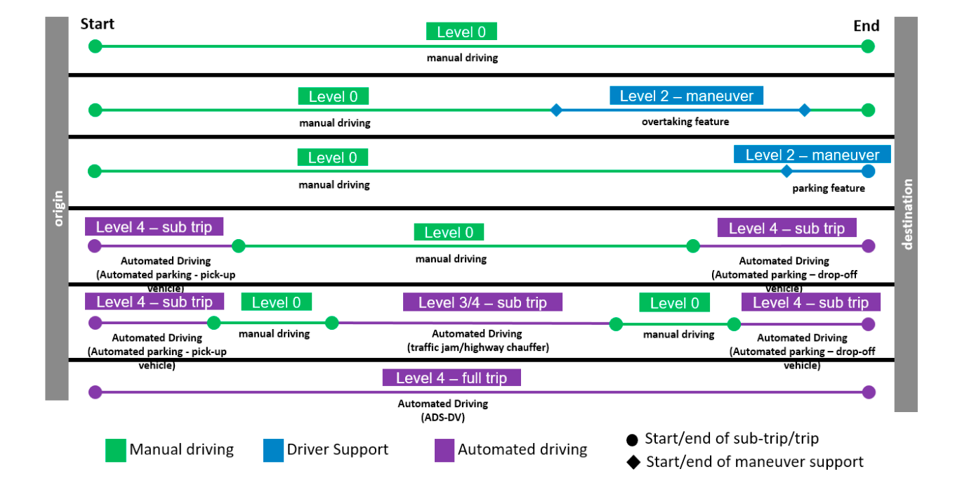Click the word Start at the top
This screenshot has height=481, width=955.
(x=97, y=25)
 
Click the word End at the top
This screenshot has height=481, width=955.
(x=866, y=26)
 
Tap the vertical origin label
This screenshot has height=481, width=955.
(x=57, y=208)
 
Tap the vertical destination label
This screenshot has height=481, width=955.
(x=907, y=214)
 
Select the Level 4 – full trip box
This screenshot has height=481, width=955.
(x=452, y=378)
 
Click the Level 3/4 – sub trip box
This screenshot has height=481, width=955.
(x=482, y=302)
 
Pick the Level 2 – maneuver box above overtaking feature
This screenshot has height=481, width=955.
(x=686, y=96)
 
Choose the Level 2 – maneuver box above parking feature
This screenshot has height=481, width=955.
(x=812, y=155)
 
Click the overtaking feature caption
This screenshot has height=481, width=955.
(x=685, y=122)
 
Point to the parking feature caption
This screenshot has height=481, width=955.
(x=828, y=188)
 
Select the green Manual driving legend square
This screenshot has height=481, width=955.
(x=115, y=451)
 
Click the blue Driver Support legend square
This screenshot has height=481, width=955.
(x=273, y=451)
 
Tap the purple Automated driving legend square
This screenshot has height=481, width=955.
(x=444, y=451)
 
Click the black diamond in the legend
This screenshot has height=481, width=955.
(x=633, y=462)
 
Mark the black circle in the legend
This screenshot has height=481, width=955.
(x=633, y=440)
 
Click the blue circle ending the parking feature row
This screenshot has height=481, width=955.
(x=868, y=171)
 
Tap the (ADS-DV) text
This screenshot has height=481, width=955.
(x=442, y=417)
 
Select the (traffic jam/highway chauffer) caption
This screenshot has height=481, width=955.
(x=477, y=347)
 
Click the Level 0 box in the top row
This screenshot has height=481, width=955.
(x=461, y=32)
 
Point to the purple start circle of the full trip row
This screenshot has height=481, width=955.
(x=95, y=392)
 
